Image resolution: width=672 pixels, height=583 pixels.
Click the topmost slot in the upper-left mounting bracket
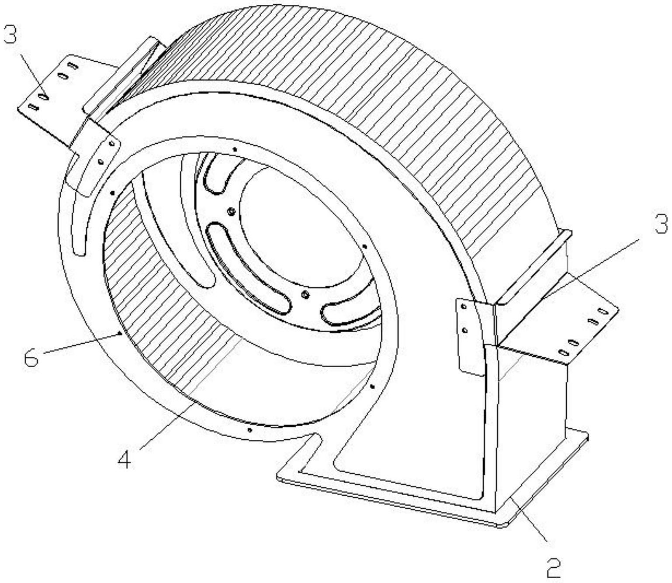point(73,67)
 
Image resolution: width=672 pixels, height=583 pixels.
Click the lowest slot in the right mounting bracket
point(564,352)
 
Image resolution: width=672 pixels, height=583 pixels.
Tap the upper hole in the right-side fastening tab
point(464,307)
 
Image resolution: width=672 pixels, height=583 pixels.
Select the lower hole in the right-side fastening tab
point(465,331)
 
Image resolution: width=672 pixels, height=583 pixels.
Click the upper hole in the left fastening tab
point(111,143)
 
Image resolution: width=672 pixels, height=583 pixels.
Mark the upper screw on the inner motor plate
point(232,212)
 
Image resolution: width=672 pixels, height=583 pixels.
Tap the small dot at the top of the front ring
point(235,149)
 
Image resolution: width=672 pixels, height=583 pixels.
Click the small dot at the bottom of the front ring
point(249,430)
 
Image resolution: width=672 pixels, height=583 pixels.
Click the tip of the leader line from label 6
point(120,335)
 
